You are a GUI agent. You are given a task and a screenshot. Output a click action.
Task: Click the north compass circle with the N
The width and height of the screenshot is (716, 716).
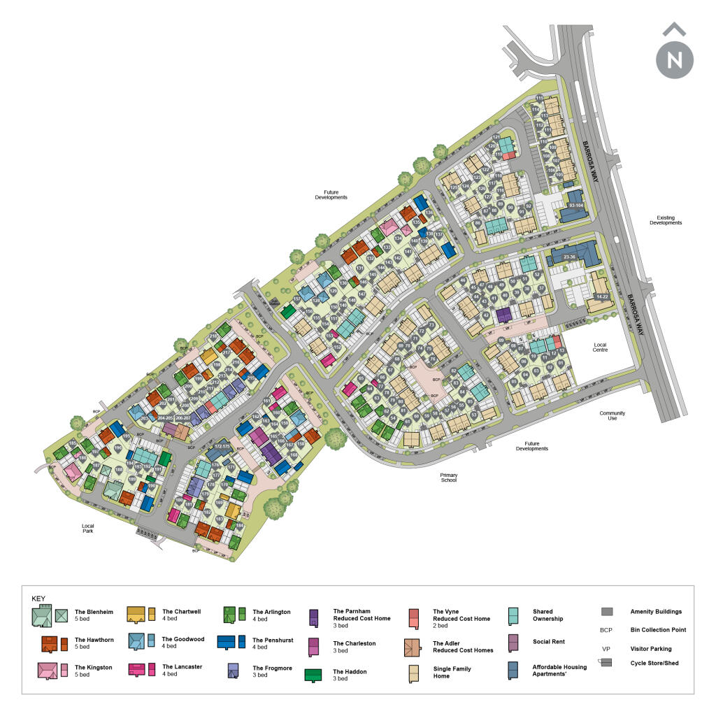point(675,59)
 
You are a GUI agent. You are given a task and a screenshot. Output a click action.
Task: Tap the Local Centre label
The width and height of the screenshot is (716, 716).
point(600,347)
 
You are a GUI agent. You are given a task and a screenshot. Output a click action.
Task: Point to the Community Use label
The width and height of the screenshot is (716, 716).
point(612,415)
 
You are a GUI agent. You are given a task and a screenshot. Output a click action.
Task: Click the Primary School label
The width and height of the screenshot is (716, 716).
point(448,478)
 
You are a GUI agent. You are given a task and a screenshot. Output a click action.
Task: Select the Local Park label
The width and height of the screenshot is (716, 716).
point(87,529)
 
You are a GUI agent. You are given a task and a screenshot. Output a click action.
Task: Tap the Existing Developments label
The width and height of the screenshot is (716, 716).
point(665,220)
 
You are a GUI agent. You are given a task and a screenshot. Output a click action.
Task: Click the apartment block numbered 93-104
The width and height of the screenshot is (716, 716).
point(576,206)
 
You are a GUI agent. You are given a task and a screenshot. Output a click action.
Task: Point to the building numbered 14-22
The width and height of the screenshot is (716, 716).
point(601,296)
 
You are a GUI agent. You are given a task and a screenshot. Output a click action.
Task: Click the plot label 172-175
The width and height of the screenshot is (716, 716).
point(222,445)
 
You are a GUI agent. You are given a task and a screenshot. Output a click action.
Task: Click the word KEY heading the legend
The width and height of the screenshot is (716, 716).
point(38,599)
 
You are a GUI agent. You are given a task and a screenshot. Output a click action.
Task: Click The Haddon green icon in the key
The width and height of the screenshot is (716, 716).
point(313,675)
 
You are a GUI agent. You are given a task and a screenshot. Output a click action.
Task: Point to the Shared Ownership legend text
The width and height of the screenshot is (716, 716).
point(547,615)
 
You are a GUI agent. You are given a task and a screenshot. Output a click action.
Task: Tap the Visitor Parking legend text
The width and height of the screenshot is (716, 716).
point(650,649)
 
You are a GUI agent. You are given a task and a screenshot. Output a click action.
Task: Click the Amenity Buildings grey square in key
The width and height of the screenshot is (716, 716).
point(606,612)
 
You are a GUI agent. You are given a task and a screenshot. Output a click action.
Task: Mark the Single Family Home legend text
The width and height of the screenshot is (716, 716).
point(452,673)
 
